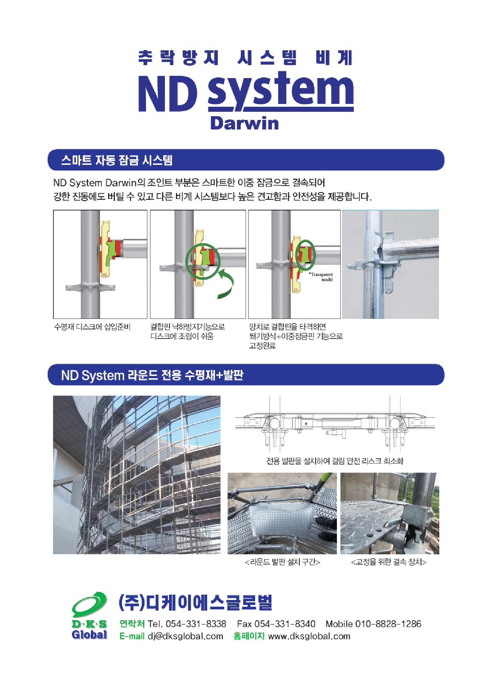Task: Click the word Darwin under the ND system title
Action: click(244, 123)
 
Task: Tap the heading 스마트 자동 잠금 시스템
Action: click(117, 160)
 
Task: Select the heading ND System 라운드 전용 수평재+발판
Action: click(152, 375)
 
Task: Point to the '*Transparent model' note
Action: click(321, 277)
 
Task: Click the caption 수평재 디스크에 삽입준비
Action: click(92, 327)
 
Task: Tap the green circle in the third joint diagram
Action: click(305, 255)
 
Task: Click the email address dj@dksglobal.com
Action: click(186, 636)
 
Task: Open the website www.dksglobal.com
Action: click(309, 636)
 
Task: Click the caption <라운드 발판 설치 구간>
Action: click(282, 562)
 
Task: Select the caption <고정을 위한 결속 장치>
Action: click(389, 562)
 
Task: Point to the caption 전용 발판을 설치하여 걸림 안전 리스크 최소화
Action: click(335, 461)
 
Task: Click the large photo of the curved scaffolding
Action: click(137, 475)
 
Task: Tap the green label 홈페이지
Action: click(249, 636)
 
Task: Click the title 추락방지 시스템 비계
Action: click(246, 57)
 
